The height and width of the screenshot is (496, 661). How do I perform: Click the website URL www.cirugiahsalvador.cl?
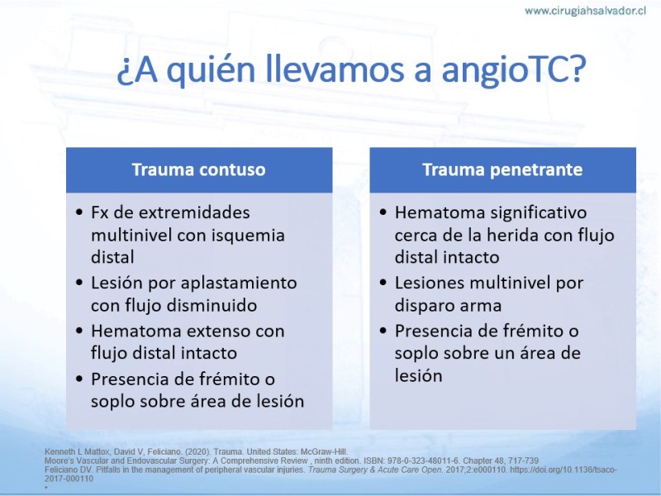(x=585, y=11)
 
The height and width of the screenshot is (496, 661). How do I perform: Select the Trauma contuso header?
(x=199, y=169)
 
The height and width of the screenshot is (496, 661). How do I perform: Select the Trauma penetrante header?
(x=502, y=169)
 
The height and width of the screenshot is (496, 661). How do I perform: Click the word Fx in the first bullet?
(x=99, y=212)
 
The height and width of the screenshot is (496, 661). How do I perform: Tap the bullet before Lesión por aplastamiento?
(x=79, y=282)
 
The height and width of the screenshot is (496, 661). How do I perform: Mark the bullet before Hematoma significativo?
(x=383, y=212)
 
